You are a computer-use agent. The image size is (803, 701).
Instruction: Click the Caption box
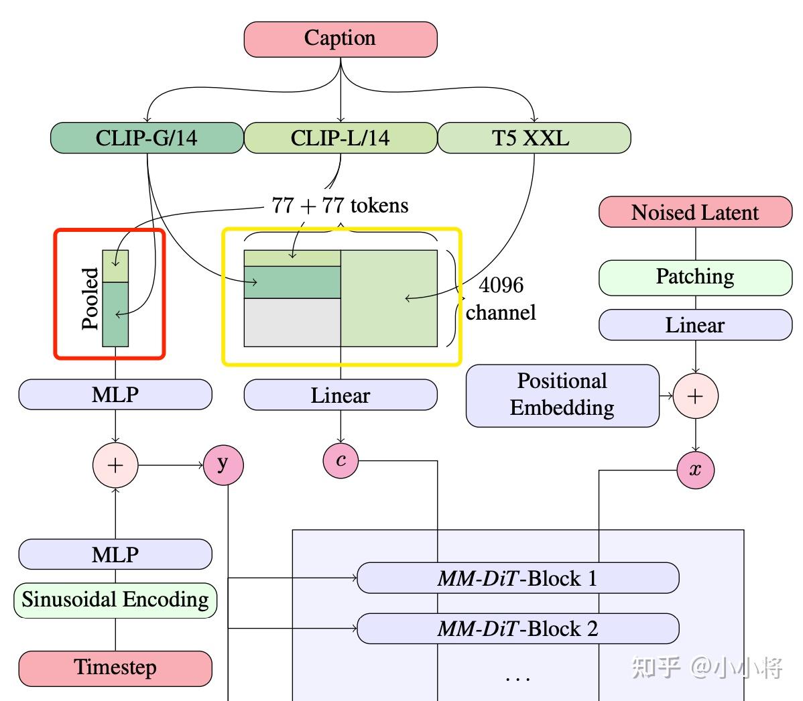coord(341,39)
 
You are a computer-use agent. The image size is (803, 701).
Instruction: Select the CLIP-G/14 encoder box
coord(147,138)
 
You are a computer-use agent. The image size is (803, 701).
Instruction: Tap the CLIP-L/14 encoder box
coord(341,138)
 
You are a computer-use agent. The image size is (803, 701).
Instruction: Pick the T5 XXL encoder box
coord(534,138)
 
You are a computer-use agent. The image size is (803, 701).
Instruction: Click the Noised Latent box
coord(696,212)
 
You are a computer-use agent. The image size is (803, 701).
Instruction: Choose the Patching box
coord(696,277)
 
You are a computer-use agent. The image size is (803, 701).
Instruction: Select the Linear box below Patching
coord(696,324)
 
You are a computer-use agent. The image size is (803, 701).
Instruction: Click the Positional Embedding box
coord(562,395)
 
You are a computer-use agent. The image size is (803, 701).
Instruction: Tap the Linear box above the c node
coord(341,395)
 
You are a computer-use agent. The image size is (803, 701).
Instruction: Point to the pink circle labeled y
coord(223,465)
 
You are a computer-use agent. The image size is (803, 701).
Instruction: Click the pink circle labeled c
coord(341,460)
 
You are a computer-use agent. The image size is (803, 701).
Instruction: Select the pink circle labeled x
coord(696,470)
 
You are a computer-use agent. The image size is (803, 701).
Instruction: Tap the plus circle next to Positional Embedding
coord(696,396)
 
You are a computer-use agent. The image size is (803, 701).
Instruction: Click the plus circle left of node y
coord(115,465)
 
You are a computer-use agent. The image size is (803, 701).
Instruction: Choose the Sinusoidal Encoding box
coord(115,600)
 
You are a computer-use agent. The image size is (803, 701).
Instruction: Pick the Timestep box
coord(115,668)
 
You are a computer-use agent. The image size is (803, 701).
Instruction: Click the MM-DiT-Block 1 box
coord(517,578)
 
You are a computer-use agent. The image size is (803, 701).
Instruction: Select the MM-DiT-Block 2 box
coord(517,629)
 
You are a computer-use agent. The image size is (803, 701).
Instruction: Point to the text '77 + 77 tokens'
coord(340,205)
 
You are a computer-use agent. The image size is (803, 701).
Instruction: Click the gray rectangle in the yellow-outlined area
coord(292,322)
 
